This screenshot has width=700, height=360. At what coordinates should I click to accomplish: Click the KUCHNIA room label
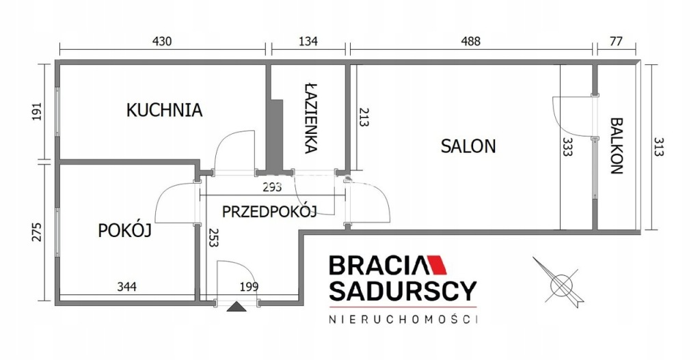[x=164, y=110]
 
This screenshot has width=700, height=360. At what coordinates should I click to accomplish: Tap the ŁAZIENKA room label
[x=311, y=117]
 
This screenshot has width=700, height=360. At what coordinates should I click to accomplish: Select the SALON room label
[x=468, y=146]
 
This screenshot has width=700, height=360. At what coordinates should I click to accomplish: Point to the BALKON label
[x=616, y=146]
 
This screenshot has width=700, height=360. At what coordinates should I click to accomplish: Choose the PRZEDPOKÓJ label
[x=269, y=211]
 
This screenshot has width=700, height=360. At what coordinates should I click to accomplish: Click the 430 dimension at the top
[x=162, y=42]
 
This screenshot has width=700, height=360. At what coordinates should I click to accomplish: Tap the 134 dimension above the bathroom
[x=308, y=42]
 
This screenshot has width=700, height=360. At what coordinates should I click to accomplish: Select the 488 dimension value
[x=470, y=42]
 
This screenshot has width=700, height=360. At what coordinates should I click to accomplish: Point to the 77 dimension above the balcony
[x=616, y=42]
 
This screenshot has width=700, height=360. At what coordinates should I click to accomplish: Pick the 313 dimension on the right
[x=659, y=147]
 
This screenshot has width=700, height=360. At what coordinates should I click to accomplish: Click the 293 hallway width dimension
[x=272, y=187]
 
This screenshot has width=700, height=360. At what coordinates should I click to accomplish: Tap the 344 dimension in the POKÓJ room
[x=126, y=286]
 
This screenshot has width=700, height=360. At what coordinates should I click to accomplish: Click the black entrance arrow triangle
[x=236, y=306]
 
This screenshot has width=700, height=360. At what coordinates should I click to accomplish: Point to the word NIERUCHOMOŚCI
[x=403, y=320]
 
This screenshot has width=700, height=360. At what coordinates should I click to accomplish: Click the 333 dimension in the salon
[x=567, y=147]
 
